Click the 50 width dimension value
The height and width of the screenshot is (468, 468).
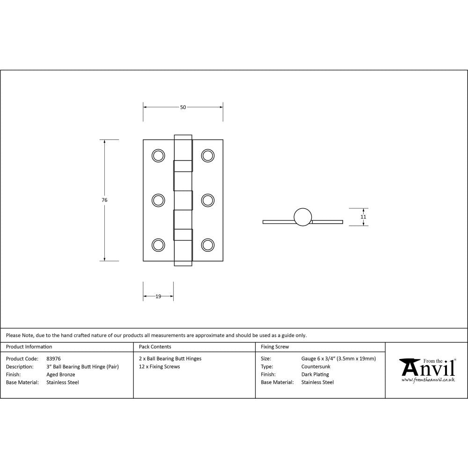coord(183,107)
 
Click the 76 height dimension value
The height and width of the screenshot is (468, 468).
coord(104,200)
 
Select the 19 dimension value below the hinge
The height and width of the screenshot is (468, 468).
coord(158,296)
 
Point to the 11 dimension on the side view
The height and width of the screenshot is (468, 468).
coord(363,217)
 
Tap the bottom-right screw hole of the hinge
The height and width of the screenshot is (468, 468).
coord(207,245)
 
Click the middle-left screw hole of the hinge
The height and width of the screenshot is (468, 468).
coord(159,200)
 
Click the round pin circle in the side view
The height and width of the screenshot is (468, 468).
coord(302,217)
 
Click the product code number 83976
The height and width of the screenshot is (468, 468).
coord(54,359)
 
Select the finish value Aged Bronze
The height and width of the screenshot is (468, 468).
coord(61,374)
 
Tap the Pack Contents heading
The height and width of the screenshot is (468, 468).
coord(155,347)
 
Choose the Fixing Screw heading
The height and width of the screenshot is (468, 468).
coord(275,347)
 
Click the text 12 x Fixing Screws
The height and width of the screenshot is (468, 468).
coord(160,366)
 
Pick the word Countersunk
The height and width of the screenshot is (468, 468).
coord(316,366)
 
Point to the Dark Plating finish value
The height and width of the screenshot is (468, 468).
coord(315,374)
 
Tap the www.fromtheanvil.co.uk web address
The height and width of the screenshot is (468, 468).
coord(428,380)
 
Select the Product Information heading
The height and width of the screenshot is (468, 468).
coord(29,347)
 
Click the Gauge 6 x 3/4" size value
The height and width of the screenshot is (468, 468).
coord(338,359)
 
